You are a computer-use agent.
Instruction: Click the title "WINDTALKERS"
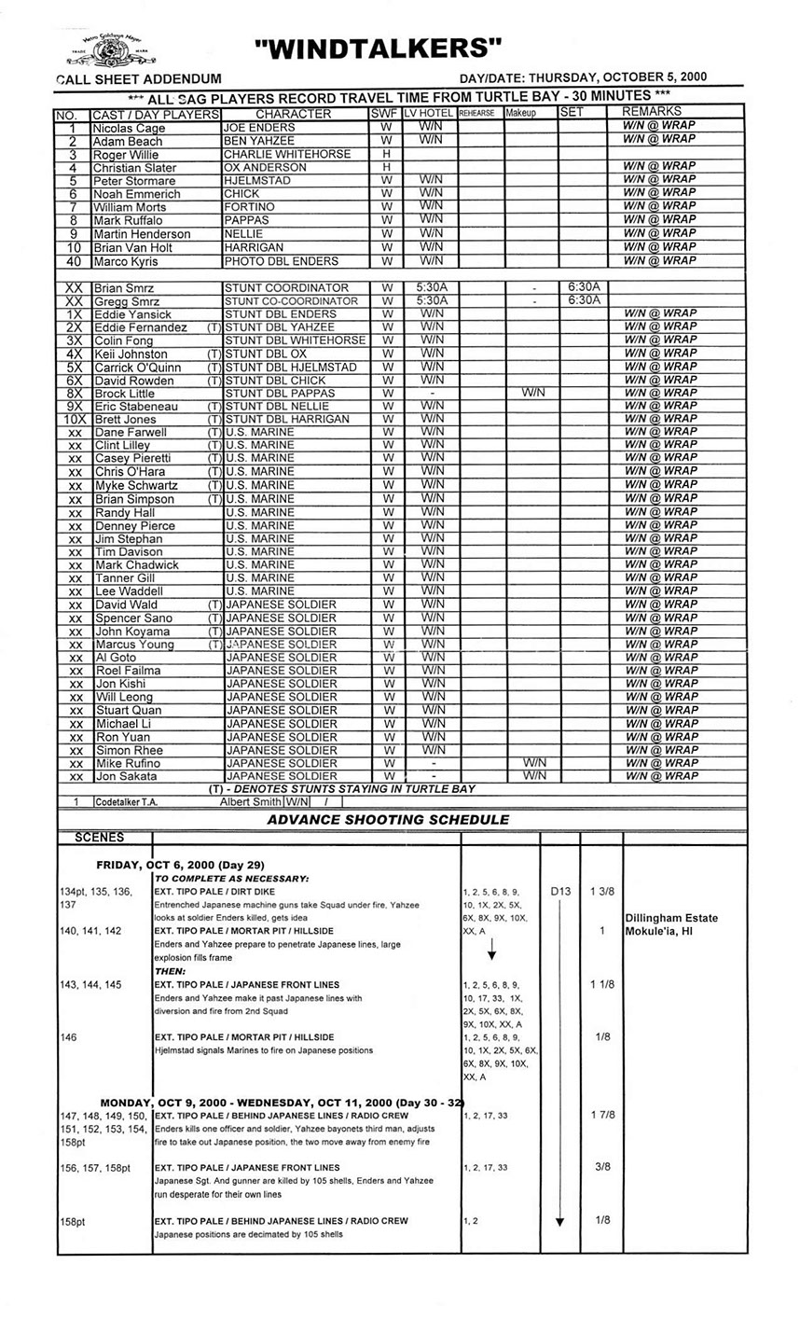click(x=377, y=48)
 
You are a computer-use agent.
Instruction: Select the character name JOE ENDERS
click(x=259, y=127)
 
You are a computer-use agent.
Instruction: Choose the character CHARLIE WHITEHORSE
click(x=287, y=154)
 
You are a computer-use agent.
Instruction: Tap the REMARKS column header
click(x=658, y=112)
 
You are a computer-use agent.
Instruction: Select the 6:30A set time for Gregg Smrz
click(x=583, y=300)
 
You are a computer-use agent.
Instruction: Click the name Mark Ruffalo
click(x=128, y=220)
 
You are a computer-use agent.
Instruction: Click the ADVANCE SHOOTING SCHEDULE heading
click(x=388, y=820)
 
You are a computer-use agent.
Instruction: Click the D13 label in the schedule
click(x=559, y=892)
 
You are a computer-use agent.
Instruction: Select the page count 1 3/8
click(x=601, y=892)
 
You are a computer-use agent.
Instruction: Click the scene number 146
click(x=68, y=1037)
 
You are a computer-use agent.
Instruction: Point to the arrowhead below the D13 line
click(x=559, y=1221)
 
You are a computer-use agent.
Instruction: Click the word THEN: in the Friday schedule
click(x=172, y=971)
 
